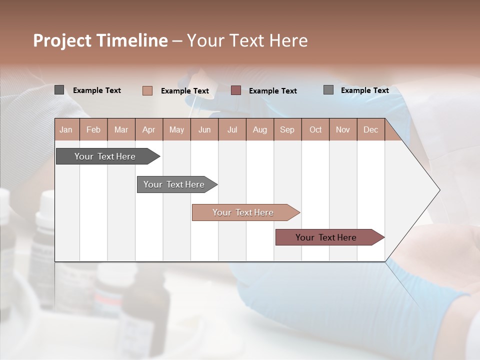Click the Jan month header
[x=66, y=130]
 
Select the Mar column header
[x=121, y=130]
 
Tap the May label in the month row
[x=176, y=130]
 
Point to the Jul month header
[x=232, y=130]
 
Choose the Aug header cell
[x=259, y=130]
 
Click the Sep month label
[x=287, y=130]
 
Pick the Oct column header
[x=315, y=130]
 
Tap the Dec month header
[x=370, y=130]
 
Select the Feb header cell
[x=93, y=130]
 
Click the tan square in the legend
[x=147, y=90]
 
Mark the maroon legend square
[x=236, y=90]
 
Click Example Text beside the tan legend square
[x=185, y=91]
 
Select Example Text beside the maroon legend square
[x=273, y=91]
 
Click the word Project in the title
[x=62, y=40]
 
